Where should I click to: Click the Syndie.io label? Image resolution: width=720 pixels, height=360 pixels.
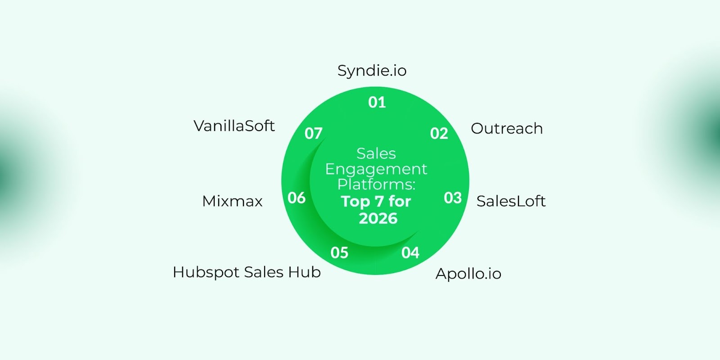[372, 71]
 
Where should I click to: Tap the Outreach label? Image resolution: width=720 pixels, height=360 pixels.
[507, 129]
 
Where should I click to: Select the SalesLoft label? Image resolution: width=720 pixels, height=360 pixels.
[511, 201]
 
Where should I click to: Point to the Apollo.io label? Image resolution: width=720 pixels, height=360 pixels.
[468, 274]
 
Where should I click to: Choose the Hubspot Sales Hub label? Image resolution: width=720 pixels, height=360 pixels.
[247, 272]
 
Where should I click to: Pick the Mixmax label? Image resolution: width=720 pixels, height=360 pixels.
[232, 201]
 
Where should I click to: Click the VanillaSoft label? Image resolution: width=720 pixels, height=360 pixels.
[234, 126]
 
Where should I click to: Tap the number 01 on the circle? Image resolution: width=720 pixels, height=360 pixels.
[377, 103]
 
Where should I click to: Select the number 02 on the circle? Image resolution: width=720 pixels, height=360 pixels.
[439, 134]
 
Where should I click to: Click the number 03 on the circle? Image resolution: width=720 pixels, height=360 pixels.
[453, 198]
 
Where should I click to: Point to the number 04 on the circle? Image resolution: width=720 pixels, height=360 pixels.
[410, 253]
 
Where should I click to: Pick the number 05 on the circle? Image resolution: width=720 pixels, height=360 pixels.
[339, 253]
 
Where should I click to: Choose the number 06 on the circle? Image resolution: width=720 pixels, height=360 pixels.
[297, 198]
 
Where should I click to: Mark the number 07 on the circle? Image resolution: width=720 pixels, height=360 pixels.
[314, 134]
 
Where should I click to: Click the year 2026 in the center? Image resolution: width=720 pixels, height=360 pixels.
[378, 219]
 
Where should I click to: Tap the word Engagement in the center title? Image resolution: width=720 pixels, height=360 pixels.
[376, 169]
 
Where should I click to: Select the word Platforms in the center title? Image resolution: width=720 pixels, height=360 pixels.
[375, 184]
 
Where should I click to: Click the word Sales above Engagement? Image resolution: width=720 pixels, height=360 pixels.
[376, 154]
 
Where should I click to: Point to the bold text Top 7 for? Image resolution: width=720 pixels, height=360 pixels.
[376, 202]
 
